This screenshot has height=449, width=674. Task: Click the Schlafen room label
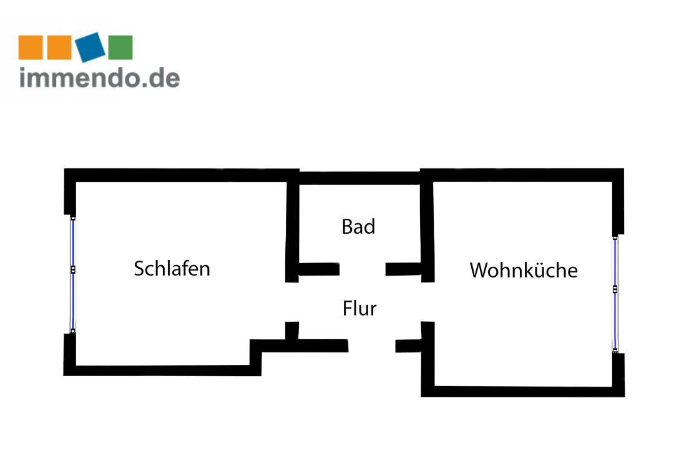[x=172, y=269]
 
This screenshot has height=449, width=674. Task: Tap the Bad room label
[x=358, y=227]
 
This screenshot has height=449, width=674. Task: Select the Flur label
[x=359, y=308]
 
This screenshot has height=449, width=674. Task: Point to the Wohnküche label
[x=523, y=271]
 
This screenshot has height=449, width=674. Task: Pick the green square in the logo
[x=120, y=47]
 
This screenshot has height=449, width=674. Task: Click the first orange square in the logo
[x=31, y=47]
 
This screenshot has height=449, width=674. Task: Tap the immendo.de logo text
[x=100, y=78]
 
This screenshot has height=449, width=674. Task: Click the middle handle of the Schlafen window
[x=73, y=270]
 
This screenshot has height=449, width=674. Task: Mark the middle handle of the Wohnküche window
[x=615, y=289]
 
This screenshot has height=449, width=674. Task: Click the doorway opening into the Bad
[x=363, y=269]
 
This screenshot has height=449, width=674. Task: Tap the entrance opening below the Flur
[x=372, y=345]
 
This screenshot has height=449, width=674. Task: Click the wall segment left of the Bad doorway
[x=318, y=269]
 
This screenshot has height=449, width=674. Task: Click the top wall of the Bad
[x=359, y=178]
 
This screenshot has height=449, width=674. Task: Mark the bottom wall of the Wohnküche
[x=524, y=391]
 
